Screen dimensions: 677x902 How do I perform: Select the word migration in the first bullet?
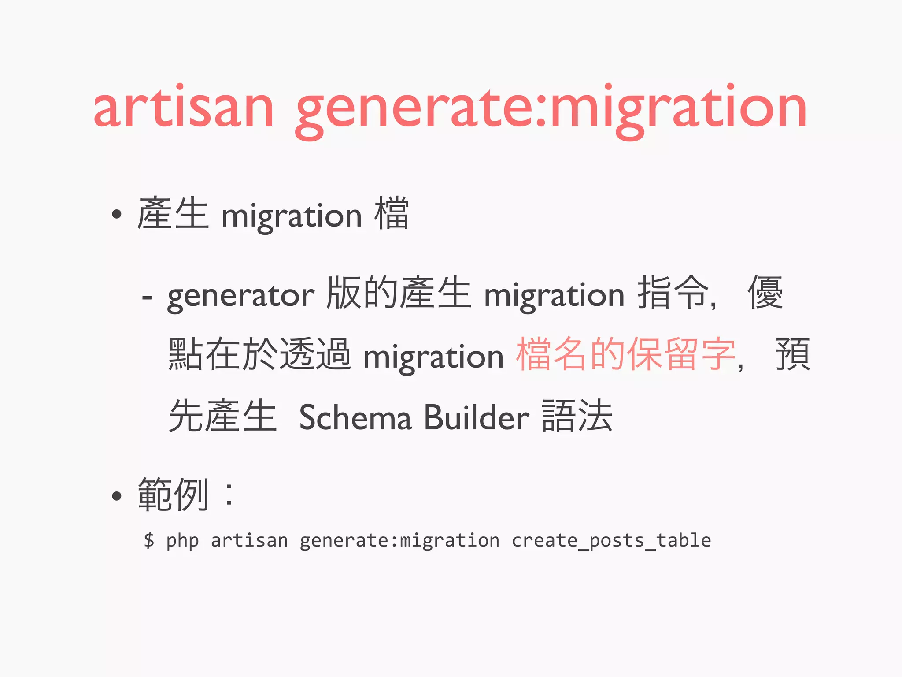(292, 216)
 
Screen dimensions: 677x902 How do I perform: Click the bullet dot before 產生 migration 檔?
(116, 215)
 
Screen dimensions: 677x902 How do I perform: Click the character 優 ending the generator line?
(765, 292)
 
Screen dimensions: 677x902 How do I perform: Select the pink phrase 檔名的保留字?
(625, 354)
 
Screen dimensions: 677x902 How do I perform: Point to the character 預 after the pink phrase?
(793, 354)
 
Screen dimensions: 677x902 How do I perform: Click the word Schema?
(355, 417)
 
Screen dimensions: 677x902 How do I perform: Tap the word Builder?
(476, 417)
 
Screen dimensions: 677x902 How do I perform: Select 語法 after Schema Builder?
(577, 416)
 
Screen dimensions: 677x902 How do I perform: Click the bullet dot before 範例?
(116, 496)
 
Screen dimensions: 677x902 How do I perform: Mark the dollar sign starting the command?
(149, 540)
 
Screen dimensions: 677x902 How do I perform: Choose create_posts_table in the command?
(611, 541)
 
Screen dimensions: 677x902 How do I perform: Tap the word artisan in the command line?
(249, 540)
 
